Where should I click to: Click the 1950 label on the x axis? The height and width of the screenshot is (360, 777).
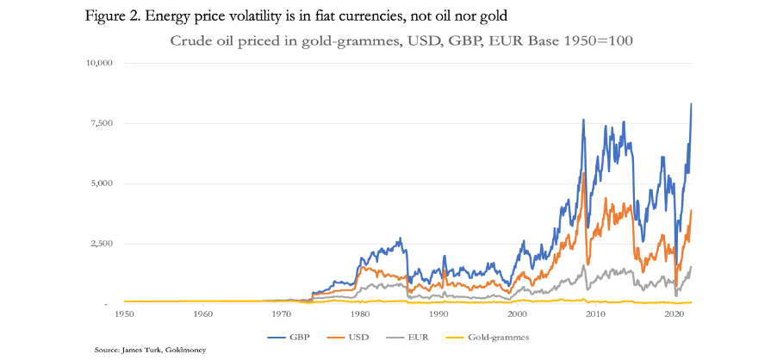pyautogui.click(x=124, y=315)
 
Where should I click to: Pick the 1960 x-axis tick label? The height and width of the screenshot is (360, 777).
pyautogui.click(x=202, y=315)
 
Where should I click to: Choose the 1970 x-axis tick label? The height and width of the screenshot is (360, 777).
pyautogui.click(x=281, y=315)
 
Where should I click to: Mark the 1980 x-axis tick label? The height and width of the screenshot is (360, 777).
pyautogui.click(x=359, y=315)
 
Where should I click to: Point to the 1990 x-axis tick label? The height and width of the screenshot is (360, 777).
pyautogui.click(x=438, y=315)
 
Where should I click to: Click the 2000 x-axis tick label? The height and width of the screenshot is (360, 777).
pyautogui.click(x=516, y=315)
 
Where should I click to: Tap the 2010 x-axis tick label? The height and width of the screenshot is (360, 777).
pyautogui.click(x=594, y=315)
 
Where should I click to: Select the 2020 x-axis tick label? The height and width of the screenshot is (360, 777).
pyautogui.click(x=673, y=315)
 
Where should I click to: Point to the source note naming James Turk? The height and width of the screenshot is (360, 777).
pyautogui.click(x=150, y=351)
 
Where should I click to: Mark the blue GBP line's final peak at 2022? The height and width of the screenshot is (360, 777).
pyautogui.click(x=692, y=103)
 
